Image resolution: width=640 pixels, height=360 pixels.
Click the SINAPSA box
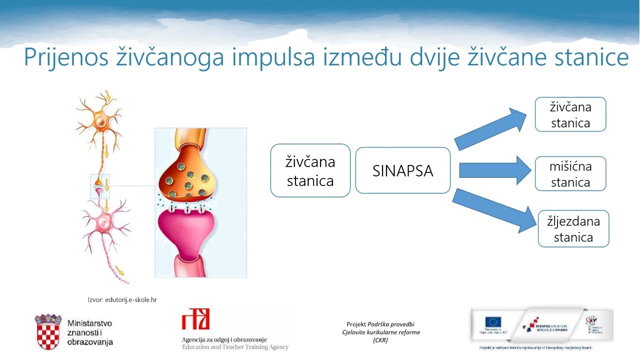coord(402,170)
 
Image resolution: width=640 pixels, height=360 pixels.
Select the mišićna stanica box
coord(570,174)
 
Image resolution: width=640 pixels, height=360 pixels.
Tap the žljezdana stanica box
coord(573,228)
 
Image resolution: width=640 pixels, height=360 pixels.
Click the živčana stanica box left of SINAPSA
coord(310,170)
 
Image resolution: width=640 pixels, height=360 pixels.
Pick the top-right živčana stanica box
coord(570,114)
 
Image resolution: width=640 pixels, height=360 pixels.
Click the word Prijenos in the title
coord(65,57)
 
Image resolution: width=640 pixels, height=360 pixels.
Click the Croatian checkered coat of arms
coord(48,332)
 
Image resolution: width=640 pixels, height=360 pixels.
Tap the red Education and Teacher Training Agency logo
coord(195,319)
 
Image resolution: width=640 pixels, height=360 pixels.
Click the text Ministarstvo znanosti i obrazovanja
coord(90,332)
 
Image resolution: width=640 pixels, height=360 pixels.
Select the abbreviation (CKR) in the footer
coord(380,340)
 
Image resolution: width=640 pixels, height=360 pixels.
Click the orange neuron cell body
coord(101,121)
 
